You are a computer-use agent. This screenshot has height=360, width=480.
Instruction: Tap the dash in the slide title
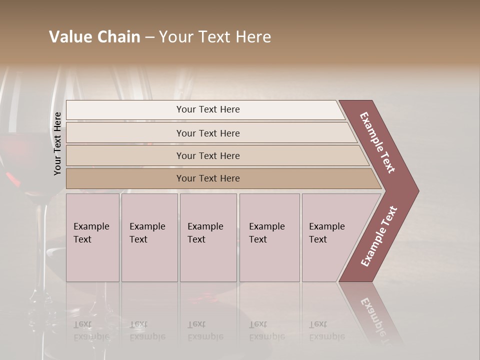pyautogui.click(x=149, y=37)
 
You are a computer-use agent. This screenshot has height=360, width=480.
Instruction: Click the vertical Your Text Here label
pyautogui.click(x=57, y=143)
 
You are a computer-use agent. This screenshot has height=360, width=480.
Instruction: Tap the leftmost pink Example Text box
pyautogui.click(x=92, y=237)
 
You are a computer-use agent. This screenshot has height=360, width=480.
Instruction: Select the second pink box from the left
pyautogui.click(x=149, y=237)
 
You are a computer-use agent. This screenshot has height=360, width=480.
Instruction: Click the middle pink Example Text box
pyautogui.click(x=208, y=237)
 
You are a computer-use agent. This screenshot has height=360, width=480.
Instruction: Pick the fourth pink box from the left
pyautogui.click(x=269, y=237)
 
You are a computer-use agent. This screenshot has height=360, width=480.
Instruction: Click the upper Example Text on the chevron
pyautogui.click(x=377, y=142)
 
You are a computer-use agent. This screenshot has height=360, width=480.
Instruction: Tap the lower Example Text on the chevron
pyautogui.click(x=379, y=236)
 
